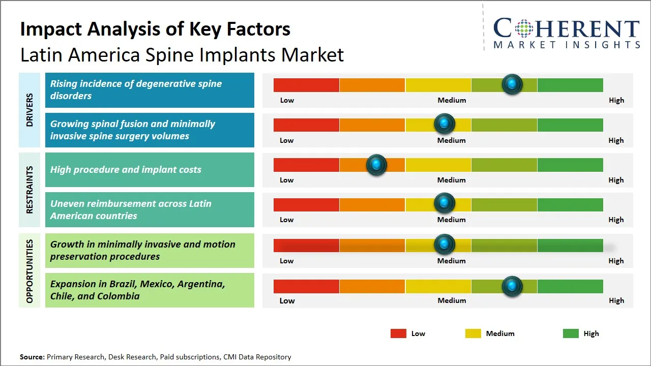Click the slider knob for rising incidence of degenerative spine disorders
tap(512, 84)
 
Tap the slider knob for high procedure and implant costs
tap(376, 164)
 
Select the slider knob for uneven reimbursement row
tap(445, 203)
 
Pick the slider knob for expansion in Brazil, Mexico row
tap(512, 286)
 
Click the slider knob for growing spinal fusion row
tap(445, 124)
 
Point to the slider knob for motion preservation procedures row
tap(445, 245)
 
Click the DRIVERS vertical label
tap(29, 110)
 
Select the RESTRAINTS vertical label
tap(29, 190)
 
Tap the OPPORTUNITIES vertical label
tap(29, 271)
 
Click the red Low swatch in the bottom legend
tap(398, 333)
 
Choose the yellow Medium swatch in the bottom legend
tap(473, 333)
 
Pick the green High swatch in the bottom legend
tap(571, 333)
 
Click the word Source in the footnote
tap(32, 357)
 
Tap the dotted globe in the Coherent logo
tap(524, 28)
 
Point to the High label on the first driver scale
tap(616, 100)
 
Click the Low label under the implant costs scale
tap(287, 180)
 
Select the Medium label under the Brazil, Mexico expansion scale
tap(452, 300)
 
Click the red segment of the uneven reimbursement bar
tap(306, 204)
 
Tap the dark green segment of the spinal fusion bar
tap(570, 125)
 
